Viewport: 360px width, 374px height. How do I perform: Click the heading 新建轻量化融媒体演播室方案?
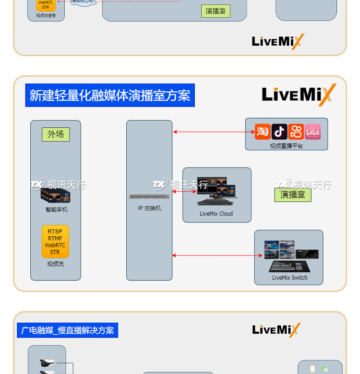click(110, 95)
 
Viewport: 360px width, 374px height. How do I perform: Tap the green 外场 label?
click(56, 134)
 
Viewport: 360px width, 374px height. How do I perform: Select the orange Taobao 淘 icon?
click(263, 132)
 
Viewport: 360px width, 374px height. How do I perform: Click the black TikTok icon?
click(279, 132)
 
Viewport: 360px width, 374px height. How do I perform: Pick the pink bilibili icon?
click(312, 132)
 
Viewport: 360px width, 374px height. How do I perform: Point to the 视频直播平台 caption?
click(286, 145)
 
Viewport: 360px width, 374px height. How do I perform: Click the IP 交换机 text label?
click(149, 208)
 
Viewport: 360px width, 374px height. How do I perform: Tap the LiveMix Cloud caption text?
click(216, 214)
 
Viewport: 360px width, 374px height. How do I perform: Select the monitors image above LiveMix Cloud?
click(217, 191)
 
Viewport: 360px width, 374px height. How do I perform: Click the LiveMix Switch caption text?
click(289, 277)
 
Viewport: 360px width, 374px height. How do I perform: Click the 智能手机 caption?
click(57, 209)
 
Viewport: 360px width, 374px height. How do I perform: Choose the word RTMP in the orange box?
click(55, 239)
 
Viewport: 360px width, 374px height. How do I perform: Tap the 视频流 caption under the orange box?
click(55, 264)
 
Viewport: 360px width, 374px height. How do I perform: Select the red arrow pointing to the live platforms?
click(214, 132)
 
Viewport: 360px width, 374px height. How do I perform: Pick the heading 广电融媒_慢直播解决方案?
click(68, 330)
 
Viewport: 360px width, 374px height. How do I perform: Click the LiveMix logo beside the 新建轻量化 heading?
click(299, 95)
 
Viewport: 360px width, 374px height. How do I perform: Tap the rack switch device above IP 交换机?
click(149, 197)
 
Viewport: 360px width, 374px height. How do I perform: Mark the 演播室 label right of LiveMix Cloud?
click(293, 194)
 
